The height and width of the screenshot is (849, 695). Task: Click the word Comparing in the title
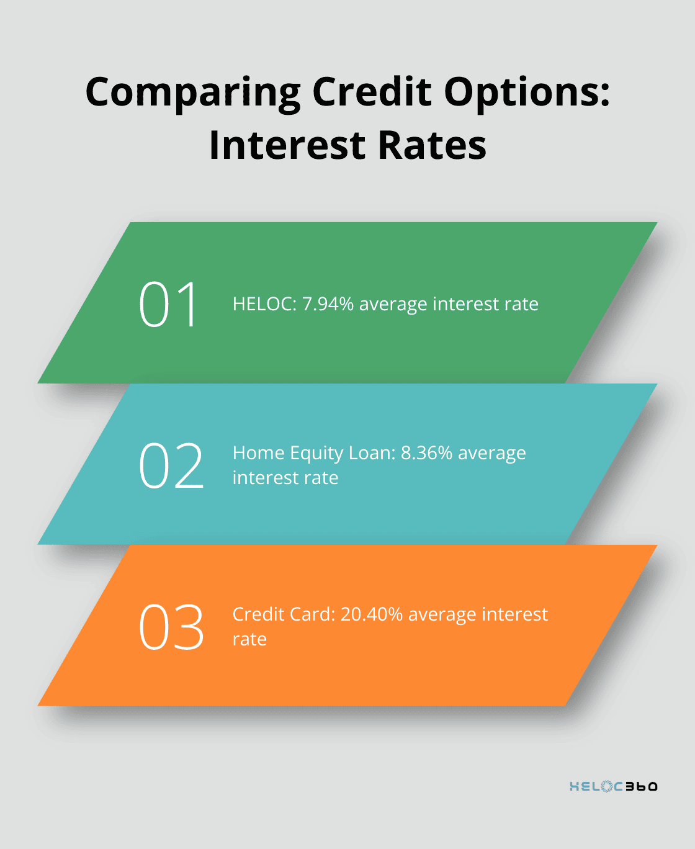point(192,93)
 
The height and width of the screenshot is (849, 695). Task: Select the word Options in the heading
point(527,93)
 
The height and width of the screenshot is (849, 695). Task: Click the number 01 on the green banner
point(168,304)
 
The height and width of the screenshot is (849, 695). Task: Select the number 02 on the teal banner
point(171,465)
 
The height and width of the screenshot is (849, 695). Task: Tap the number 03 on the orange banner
point(171,627)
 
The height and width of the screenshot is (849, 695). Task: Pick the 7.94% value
point(328,304)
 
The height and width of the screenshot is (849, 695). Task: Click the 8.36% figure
point(426,453)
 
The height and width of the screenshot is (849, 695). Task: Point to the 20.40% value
point(371,614)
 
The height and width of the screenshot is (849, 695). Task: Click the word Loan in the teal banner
point(372,453)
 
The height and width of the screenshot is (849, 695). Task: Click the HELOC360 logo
point(614,786)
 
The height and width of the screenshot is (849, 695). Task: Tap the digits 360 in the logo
point(641,786)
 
